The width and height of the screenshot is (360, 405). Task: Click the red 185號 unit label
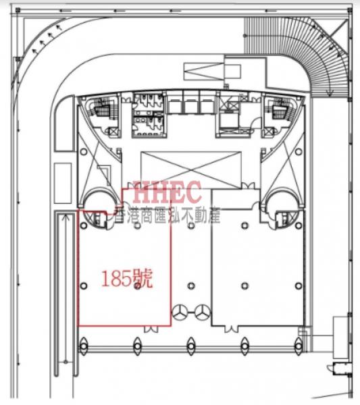(126, 278)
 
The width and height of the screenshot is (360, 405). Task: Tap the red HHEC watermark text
(168, 192)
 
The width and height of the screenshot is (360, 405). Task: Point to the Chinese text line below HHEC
(168, 215)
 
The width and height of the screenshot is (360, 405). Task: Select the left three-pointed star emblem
(179, 313)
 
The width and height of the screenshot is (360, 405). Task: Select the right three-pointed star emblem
(203, 313)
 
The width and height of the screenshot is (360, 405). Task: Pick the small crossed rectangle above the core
(204, 72)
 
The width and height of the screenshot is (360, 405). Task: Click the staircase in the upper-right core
(280, 109)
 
